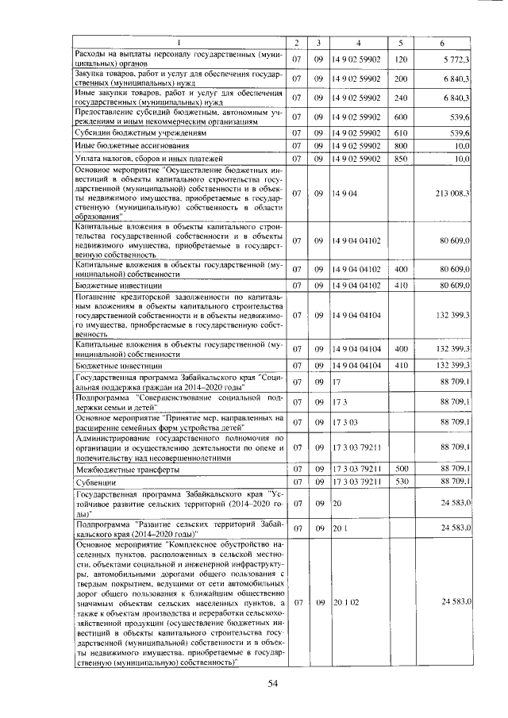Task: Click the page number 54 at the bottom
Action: [274, 683]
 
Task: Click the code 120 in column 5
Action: [400, 60]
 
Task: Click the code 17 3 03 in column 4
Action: [346, 422]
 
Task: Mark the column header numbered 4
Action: [358, 42]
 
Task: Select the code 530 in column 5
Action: [400, 482]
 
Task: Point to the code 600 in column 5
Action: [400, 117]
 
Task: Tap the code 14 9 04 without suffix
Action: [345, 193]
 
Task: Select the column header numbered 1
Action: [179, 42]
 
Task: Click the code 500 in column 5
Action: [400, 470]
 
